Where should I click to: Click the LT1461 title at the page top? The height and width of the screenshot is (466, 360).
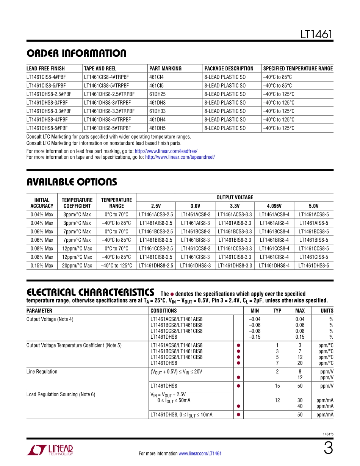pos(316,34)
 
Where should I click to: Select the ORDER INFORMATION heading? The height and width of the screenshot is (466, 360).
pos(76,53)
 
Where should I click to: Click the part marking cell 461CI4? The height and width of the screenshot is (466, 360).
pos(157,77)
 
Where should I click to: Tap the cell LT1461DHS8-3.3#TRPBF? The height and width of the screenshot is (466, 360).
pos(109,111)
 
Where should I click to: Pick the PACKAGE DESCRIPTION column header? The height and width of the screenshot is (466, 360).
pos(229,69)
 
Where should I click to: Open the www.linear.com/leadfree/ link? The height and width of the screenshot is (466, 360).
pos(166,151)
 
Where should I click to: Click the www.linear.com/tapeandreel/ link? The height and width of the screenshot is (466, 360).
pos(180,157)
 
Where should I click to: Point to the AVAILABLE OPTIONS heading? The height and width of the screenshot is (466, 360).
pos(72,182)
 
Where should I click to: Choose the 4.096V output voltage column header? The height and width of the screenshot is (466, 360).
pos(274,206)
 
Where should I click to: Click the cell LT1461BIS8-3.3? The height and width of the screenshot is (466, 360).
pos(235,240)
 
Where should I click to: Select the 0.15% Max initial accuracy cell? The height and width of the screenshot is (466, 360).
pos(42,266)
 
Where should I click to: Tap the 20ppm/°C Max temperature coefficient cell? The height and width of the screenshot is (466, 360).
pos(77,266)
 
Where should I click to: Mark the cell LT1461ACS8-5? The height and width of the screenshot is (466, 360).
pos(313,214)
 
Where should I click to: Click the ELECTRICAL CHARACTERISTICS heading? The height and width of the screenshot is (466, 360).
pos(90,292)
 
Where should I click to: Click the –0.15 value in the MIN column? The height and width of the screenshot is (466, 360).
pos(255,337)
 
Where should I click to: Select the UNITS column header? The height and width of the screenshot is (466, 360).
pos(327,311)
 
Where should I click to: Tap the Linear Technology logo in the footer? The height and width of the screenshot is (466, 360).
pos(50,450)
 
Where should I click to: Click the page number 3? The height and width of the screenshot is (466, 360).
pos(328,449)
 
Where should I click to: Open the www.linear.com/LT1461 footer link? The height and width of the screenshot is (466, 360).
pos(200,453)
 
